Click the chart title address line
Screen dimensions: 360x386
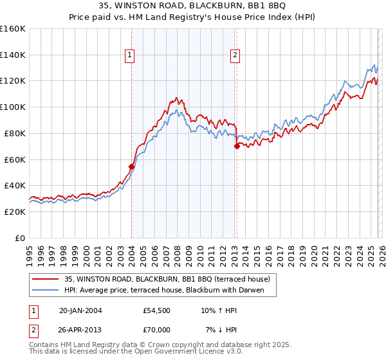(192, 7)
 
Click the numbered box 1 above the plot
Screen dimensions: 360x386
(129, 56)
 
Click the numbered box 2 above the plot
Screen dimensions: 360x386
(235, 56)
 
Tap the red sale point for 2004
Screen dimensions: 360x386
(132, 166)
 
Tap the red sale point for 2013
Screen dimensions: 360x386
(237, 146)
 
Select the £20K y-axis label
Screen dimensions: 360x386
(14, 212)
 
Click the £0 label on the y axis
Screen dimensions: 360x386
(20, 238)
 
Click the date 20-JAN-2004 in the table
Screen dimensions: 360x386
(80, 310)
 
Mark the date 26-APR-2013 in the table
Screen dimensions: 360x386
(80, 330)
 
